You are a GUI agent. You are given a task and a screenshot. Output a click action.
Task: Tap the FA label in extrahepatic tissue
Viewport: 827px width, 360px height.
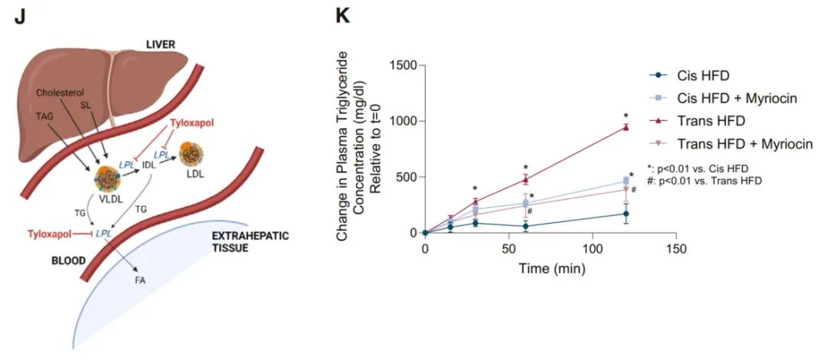[141, 280]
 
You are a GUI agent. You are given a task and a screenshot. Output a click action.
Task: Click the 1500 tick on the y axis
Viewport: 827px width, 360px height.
[402, 65]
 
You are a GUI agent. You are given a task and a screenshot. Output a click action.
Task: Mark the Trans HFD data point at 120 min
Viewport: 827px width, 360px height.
[626, 127]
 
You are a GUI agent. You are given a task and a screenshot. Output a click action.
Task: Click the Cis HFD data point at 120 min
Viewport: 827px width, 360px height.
[626, 214]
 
